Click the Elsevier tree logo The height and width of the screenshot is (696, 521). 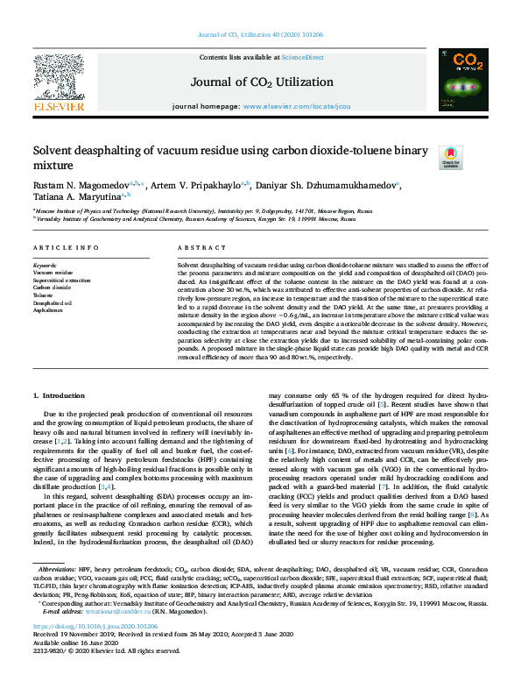60,80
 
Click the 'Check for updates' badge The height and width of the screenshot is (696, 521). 449,157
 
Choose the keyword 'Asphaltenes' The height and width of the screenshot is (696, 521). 48,310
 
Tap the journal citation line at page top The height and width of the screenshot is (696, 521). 260,33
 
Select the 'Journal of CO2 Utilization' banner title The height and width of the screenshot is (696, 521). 261,82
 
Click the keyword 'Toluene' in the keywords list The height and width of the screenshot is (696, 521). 43,295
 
